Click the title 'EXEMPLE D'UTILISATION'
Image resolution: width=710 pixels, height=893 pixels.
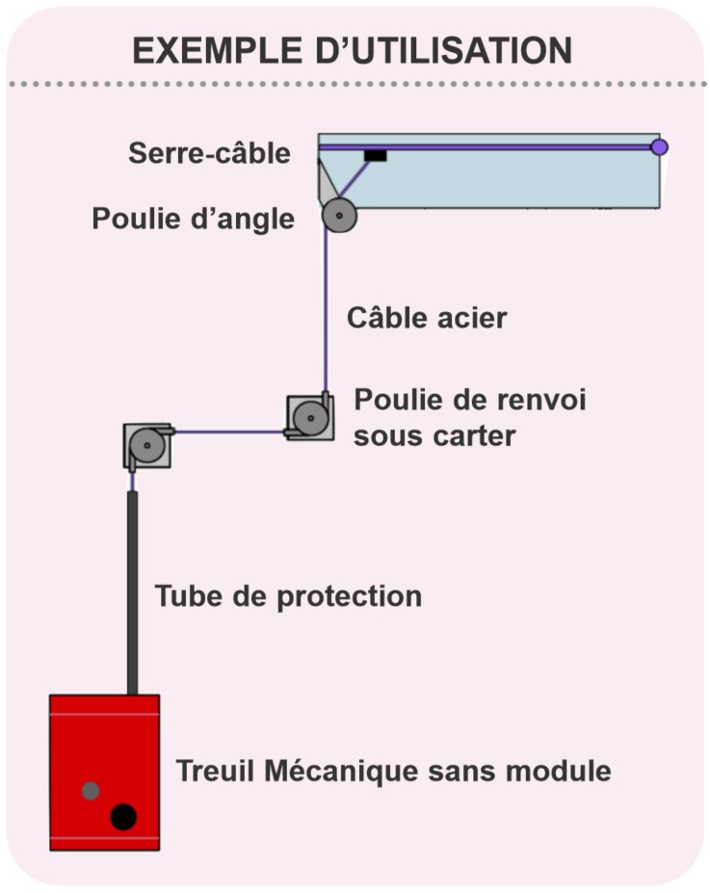352,50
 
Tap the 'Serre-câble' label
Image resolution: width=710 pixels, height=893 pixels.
209,153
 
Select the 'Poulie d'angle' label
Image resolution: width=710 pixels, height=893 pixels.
194,220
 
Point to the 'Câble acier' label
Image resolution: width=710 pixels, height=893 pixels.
427,318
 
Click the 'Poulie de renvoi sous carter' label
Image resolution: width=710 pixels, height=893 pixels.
470,417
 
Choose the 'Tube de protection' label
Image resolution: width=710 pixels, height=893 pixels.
288,597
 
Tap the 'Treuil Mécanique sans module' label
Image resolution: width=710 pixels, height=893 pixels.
393,771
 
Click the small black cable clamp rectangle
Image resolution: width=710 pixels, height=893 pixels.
376,155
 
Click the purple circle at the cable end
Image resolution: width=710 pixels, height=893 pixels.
659,147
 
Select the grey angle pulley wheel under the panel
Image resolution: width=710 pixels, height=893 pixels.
340,216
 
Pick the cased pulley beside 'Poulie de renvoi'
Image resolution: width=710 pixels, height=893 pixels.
309,417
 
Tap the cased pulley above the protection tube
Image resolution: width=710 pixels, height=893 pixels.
147,446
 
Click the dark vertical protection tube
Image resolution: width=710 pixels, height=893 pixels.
132,592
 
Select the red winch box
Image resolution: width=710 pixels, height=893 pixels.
105,773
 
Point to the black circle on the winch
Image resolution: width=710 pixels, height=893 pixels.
123,817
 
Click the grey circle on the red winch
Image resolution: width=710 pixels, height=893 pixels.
91,791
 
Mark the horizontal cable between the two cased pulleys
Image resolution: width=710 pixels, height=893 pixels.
229,432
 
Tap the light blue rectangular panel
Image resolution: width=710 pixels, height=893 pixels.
489,171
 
